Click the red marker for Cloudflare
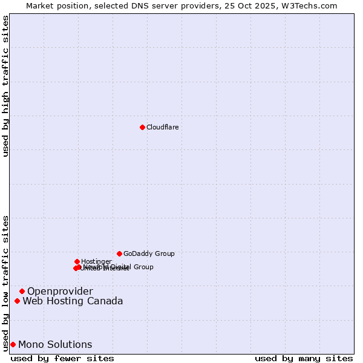pyautogui.click(x=142, y=127)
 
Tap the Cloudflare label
pyautogui.click(x=162, y=127)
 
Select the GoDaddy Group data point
pyautogui.click(x=119, y=253)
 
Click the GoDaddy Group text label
pyautogui.click(x=149, y=253)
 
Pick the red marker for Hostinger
pyautogui.click(x=77, y=261)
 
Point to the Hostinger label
pyautogui.click(x=96, y=261)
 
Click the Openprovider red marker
pyautogui.click(x=22, y=291)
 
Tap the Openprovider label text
pyautogui.click(x=60, y=292)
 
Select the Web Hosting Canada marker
pyautogui.click(x=17, y=301)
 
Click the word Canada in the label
pyautogui.click(x=106, y=301)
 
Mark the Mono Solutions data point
pyautogui.click(x=13, y=344)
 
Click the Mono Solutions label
pyautogui.click(x=55, y=345)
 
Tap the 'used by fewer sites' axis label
pyautogui.click(x=62, y=358)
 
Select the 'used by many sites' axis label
pyautogui.click(x=304, y=358)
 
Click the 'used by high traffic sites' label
pyautogui.click(x=5, y=87)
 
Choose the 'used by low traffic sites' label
pyautogui.click(x=5, y=283)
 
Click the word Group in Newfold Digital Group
pyautogui.click(x=143, y=267)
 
